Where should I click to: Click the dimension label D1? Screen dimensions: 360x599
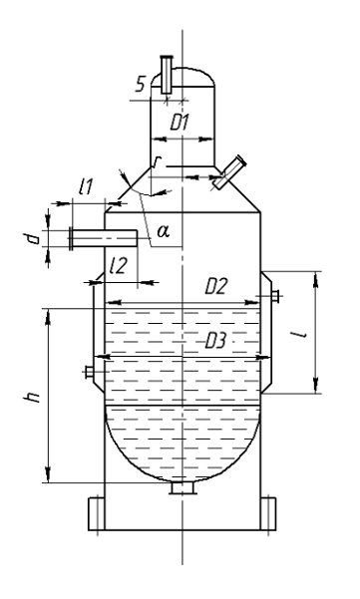click(x=180, y=123)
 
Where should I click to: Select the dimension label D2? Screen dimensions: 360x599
click(x=216, y=286)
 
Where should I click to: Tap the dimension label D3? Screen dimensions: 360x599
click(x=216, y=341)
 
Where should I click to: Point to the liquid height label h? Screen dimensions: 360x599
click(x=32, y=397)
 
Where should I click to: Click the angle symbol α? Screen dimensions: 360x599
click(x=164, y=231)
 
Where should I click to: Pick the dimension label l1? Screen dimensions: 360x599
click(x=86, y=187)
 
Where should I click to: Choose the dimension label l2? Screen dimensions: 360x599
click(x=117, y=266)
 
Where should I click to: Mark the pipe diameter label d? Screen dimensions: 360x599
click(x=34, y=239)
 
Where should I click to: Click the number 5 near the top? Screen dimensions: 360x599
click(x=141, y=85)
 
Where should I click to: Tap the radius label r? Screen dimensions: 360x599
click(x=156, y=163)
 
